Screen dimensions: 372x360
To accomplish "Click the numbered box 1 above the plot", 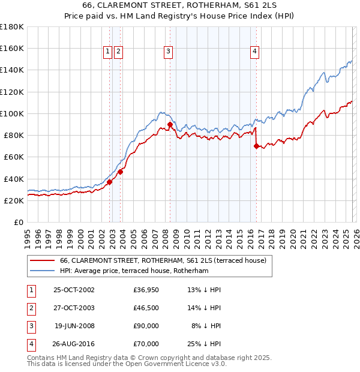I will [107, 52].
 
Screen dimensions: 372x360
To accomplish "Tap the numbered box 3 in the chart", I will [168, 52].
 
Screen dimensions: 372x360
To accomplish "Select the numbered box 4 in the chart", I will [255, 52].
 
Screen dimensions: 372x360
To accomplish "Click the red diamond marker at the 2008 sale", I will [170, 125].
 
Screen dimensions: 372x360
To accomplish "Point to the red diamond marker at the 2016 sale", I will [257, 146].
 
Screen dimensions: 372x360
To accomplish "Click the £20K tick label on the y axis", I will [14, 201].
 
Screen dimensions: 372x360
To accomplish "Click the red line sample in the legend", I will [43, 260].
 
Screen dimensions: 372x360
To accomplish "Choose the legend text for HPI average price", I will [134, 271].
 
